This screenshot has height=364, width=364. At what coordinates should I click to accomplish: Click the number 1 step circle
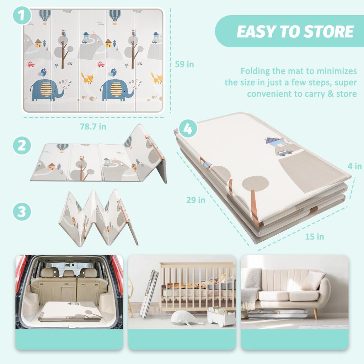coord(22,16)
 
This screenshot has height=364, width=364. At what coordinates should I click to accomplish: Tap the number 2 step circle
coord(22,146)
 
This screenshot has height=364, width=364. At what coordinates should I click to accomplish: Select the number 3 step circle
coord(22,212)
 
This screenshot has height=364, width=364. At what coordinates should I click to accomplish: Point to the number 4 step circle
coord(188,129)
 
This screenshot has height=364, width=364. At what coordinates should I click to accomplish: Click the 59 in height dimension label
coord(185,64)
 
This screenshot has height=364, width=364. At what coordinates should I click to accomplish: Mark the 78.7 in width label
coord(93,126)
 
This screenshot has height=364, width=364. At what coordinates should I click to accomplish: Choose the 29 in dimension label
coord(196,200)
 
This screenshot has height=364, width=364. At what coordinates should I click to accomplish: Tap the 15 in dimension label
coord(315,236)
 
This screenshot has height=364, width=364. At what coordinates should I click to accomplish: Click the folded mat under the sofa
coord(278,314)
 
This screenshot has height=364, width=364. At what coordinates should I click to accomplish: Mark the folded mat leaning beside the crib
coord(149,294)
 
